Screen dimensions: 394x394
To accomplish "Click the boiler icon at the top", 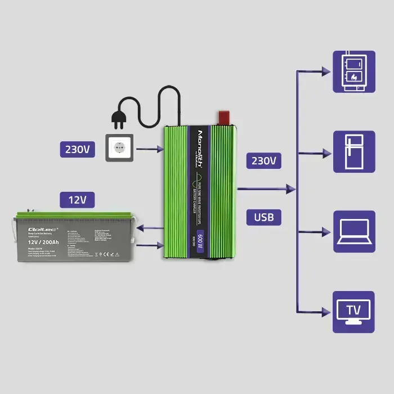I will pos(354,71).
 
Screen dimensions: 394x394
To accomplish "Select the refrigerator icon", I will pos(354,152).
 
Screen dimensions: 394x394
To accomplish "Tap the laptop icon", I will pos(354,231).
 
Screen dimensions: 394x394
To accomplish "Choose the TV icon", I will pos(354,311).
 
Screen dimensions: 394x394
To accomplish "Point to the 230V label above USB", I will pos(264,161).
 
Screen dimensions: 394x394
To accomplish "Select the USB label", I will pos(264,217).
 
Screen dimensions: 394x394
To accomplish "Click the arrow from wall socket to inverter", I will pos(150,149).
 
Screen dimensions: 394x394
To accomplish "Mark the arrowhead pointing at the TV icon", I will pos(326,311).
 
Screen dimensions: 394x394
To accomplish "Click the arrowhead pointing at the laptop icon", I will pos(326,231).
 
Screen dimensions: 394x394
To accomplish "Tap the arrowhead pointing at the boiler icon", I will pos(326,71).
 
